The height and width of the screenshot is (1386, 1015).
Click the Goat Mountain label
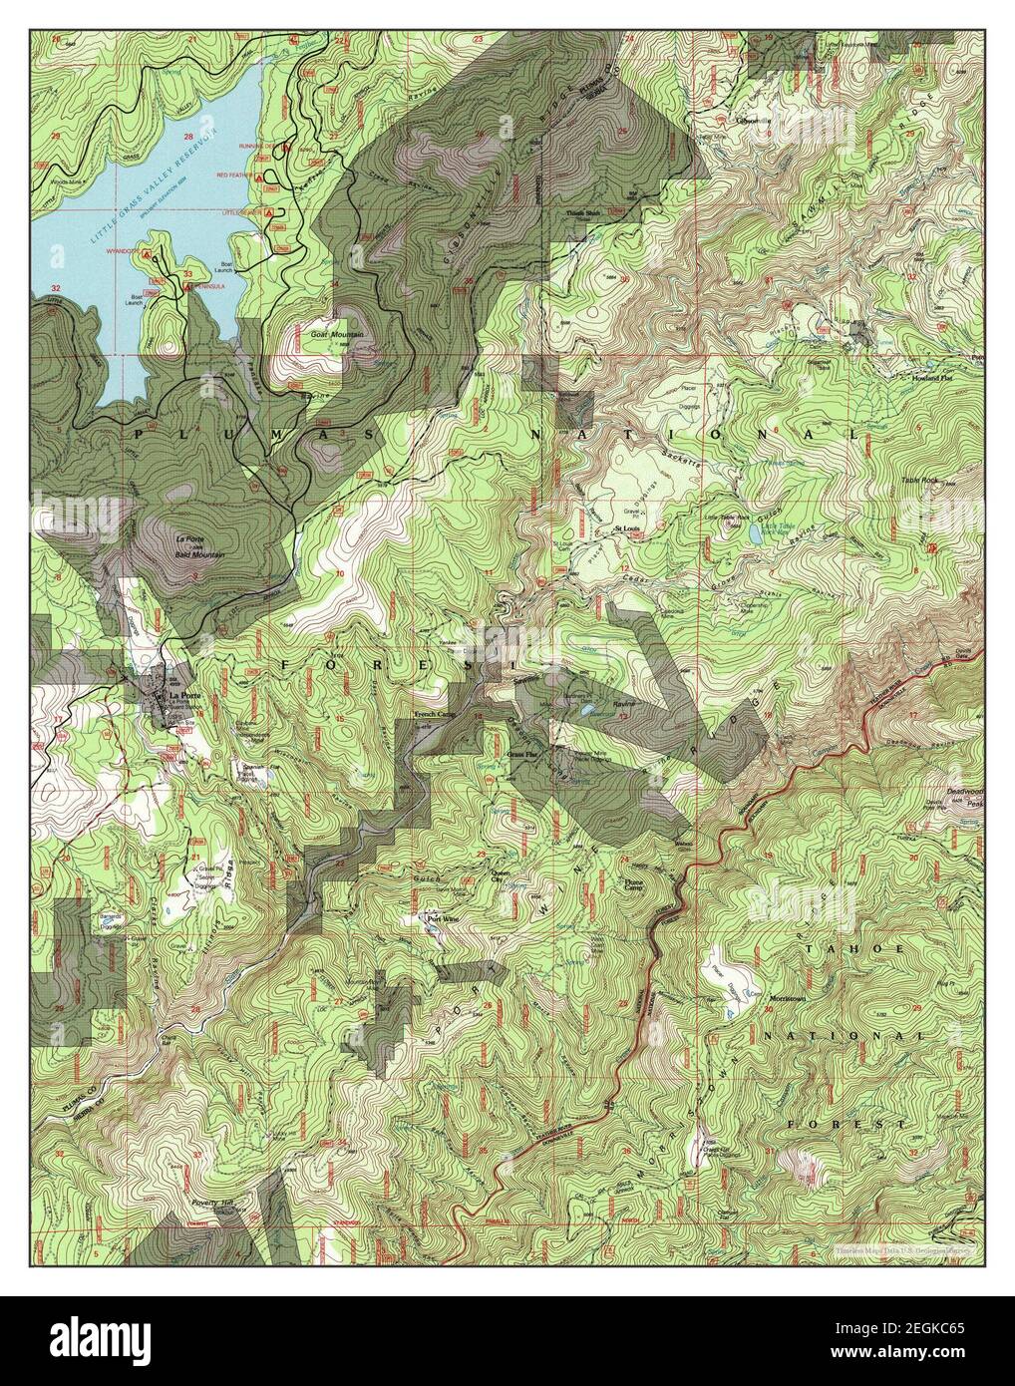tap(336, 335)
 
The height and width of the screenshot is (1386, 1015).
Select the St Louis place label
tap(625, 527)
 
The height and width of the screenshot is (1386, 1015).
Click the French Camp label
tap(435, 716)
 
